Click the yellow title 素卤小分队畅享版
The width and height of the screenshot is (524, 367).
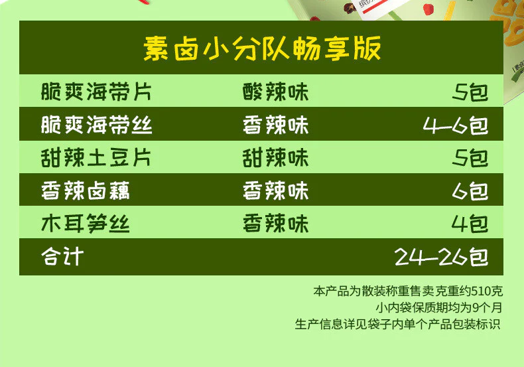coord(262,48)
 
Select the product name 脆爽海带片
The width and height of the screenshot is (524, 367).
coord(96,92)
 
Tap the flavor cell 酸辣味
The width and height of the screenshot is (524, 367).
coord(275,92)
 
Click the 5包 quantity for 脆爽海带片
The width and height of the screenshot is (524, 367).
coord(470,92)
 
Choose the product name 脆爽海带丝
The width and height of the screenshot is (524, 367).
coord(97,125)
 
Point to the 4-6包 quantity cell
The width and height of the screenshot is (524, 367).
coord(456,125)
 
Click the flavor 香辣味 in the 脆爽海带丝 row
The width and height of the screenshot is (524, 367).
coord(275,125)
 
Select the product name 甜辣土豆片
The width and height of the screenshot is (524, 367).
coord(96,158)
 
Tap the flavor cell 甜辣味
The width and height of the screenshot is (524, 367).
coord(275,158)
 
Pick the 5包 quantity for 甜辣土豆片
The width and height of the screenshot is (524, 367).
coord(470,158)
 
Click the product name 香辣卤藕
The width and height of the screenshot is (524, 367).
coord(85,190)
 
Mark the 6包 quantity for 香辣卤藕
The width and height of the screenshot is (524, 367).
coord(470,191)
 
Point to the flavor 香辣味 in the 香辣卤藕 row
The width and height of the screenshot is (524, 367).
coord(275,190)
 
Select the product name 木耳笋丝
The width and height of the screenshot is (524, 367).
coord(85,223)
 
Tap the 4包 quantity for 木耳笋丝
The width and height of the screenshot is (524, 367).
coord(470,224)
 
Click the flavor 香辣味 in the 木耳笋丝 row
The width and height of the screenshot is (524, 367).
coord(275,223)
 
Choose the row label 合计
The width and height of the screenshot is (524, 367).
coord(62,256)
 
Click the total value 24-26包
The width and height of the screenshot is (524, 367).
coord(441,257)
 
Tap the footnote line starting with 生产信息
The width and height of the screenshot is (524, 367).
coord(398,324)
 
